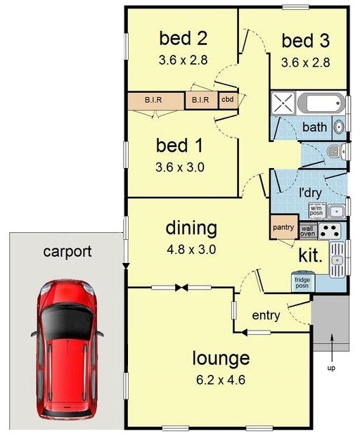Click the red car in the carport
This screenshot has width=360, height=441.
[67, 350]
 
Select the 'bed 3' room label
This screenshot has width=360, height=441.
[305, 41]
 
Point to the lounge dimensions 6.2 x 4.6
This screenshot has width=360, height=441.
[221, 380]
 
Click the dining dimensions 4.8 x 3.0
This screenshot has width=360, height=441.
[191, 250]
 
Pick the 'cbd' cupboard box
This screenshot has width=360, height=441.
[228, 100]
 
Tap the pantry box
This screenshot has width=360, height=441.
[283, 227]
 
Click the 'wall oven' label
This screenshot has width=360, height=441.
[308, 231]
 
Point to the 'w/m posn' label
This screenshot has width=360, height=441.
[316, 211]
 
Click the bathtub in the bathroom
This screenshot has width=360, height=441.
[321, 103]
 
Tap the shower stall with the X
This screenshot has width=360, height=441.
[283, 103]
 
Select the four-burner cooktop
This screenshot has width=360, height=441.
[329, 231]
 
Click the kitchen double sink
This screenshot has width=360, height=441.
[337, 260]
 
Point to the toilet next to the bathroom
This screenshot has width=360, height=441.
[337, 151]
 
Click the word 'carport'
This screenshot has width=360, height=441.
[67, 251]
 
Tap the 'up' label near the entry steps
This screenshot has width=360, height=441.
[331, 368]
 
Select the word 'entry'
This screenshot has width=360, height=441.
[266, 315]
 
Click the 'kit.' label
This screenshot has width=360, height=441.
[310, 255]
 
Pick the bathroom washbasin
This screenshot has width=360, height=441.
[339, 127]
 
